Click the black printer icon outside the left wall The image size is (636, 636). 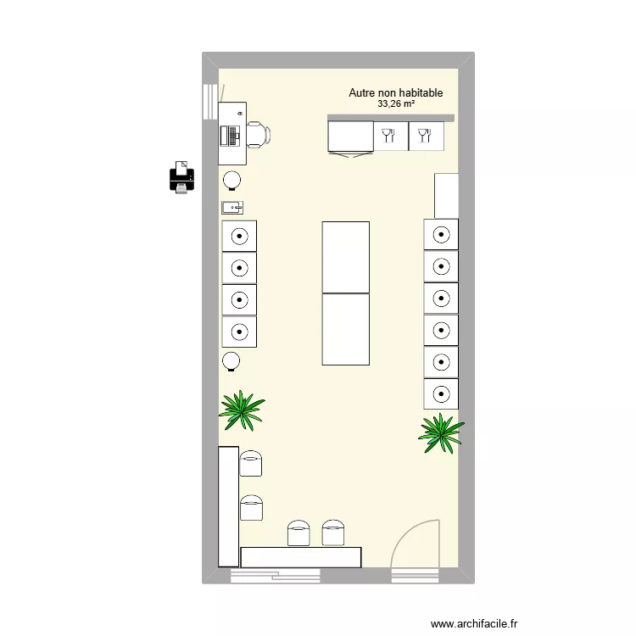[181, 177]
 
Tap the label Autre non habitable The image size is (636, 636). [396, 93]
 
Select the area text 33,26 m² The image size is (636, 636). [396, 104]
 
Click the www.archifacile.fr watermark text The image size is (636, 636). [474, 623]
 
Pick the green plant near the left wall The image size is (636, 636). [242, 410]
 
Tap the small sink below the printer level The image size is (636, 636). [232, 207]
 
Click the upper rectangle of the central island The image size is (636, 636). [345, 257]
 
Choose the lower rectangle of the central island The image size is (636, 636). [345, 329]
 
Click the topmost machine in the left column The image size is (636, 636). [239, 236]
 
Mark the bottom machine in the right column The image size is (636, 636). [441, 394]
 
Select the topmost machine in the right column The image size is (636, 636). [441, 234]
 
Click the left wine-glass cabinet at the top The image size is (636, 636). [390, 136]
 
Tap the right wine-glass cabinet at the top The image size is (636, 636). [426, 136]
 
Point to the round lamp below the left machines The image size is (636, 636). [231, 361]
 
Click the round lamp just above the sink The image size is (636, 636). [232, 180]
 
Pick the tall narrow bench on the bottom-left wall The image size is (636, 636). [228, 506]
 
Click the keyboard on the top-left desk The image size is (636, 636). [226, 135]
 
